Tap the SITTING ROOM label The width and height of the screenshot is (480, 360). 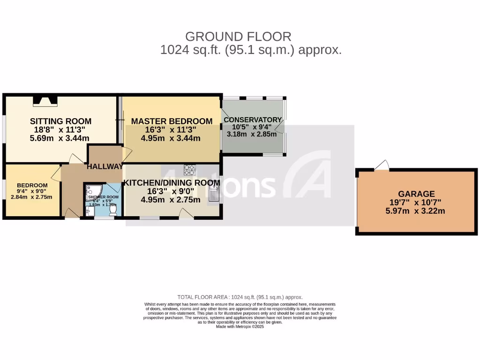60,121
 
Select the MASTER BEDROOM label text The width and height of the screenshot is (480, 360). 172,121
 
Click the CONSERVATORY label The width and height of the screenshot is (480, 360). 253,120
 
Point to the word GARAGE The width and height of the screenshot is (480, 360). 416,194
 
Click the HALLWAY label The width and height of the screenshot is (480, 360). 104,166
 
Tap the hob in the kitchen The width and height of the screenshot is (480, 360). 190,169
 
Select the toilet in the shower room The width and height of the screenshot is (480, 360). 112,212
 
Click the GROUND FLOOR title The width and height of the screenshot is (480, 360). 238,37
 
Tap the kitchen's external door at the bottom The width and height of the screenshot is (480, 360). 187,214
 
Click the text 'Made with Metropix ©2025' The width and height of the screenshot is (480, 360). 240,327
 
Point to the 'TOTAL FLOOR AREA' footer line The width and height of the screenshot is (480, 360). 240,297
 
